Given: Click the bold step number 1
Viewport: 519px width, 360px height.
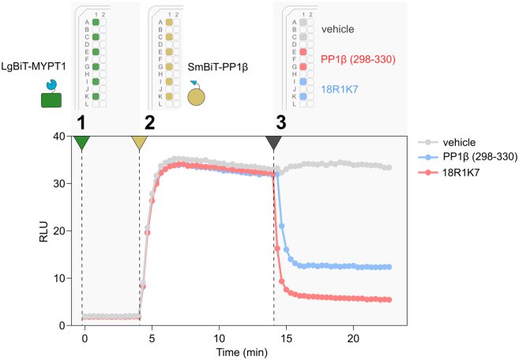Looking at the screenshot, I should click(x=81, y=122).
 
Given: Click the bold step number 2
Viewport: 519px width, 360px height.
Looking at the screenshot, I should click(x=149, y=122).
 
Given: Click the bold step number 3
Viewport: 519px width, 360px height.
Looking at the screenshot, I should click(x=281, y=122).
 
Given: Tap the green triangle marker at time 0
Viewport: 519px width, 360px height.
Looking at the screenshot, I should click(x=82, y=142).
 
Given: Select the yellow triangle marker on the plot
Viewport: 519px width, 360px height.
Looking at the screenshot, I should click(x=140, y=142).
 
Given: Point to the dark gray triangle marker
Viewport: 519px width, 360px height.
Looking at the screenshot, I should click(x=273, y=142).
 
